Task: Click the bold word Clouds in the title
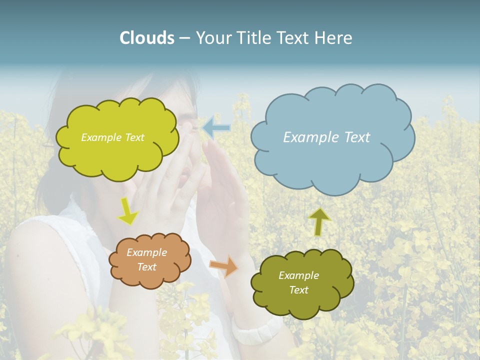[x=147, y=38]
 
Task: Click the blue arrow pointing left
[x=216, y=128]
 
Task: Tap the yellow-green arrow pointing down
[x=128, y=212]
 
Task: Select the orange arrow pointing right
[x=224, y=266]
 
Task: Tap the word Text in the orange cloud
[x=147, y=267]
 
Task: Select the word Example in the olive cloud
[x=298, y=275]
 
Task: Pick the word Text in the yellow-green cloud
[x=134, y=137]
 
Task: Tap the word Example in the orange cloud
[x=146, y=252]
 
